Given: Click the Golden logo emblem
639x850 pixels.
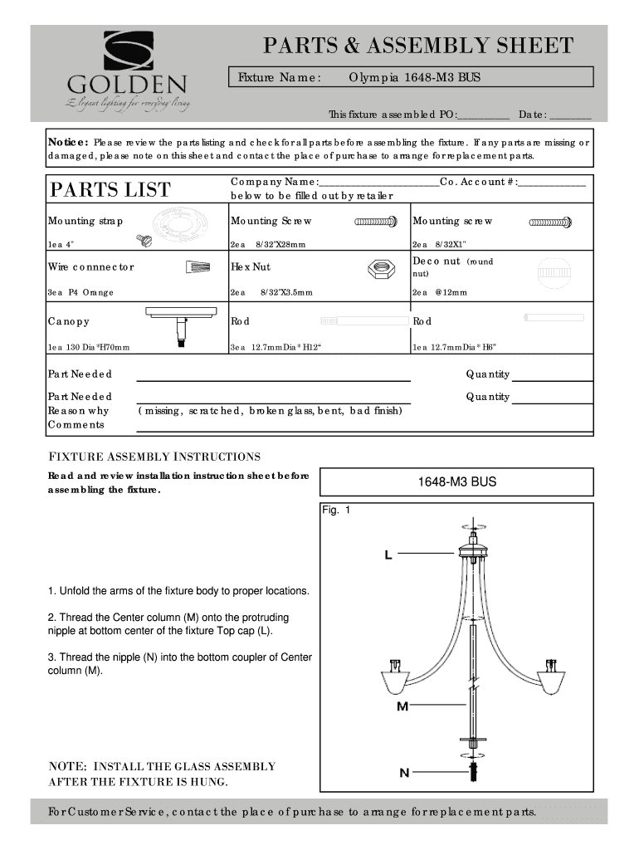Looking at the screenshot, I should [128, 51].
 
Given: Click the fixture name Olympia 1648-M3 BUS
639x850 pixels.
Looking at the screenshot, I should [414, 77].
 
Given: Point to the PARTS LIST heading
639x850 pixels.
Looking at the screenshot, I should [110, 189].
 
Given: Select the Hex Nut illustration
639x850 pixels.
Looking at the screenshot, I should [383, 267].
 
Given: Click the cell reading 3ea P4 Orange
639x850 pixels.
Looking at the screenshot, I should [81, 292].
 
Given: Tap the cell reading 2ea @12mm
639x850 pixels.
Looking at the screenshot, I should [440, 292].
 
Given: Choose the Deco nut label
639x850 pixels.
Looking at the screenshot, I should [437, 261].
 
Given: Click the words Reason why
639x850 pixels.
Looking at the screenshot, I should [78, 411].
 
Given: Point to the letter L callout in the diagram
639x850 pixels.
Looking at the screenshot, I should [388, 554].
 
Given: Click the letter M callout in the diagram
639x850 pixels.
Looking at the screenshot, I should [402, 706].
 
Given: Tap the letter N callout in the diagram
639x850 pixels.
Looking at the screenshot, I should [404, 773].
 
